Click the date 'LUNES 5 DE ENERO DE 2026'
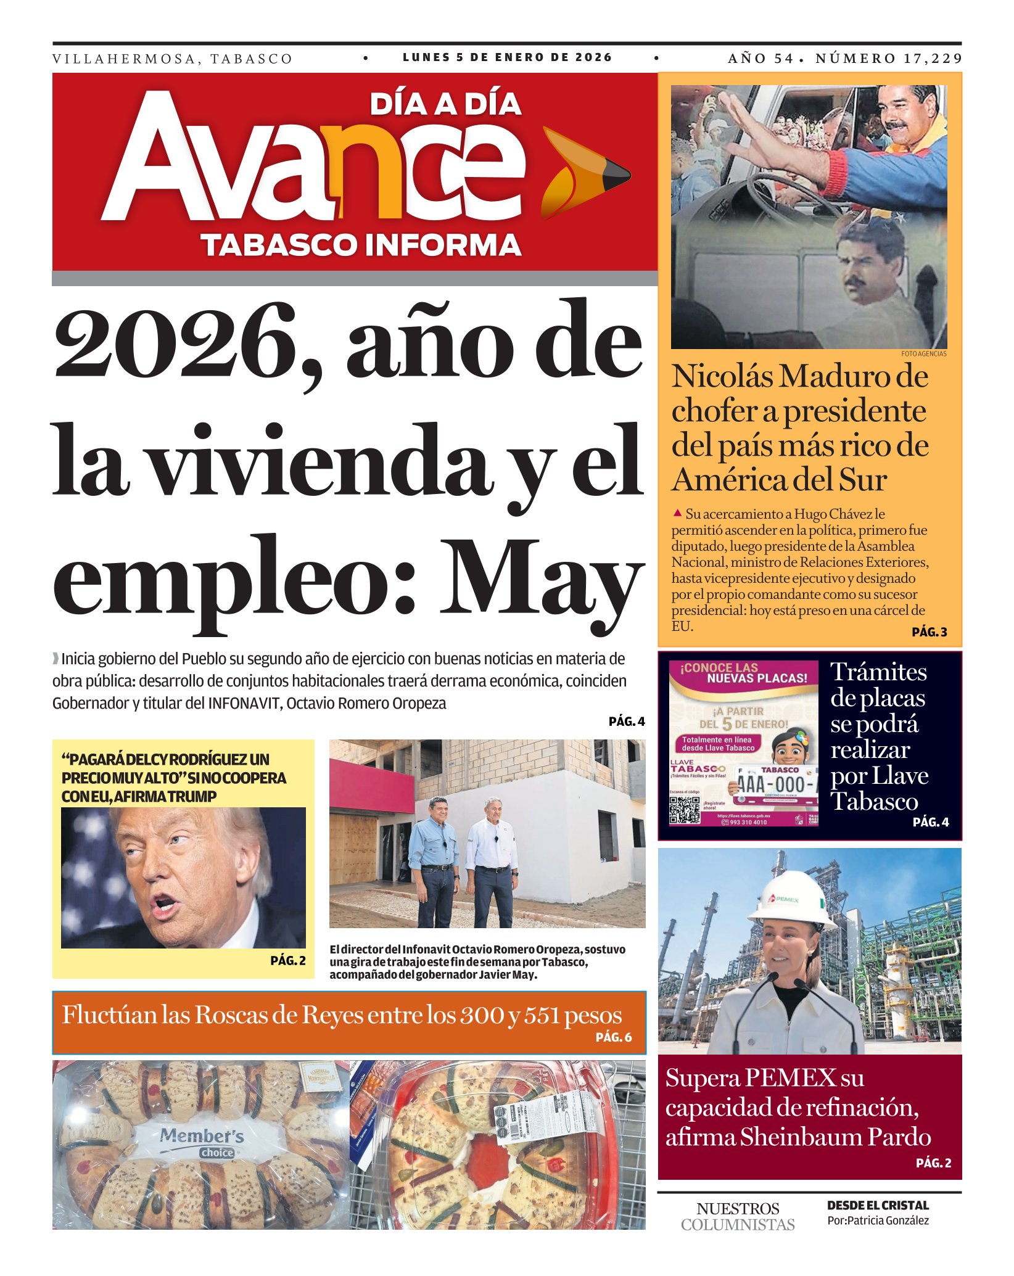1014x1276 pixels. [x=507, y=57]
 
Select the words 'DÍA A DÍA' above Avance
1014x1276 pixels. [x=445, y=104]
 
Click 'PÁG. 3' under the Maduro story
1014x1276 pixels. [x=929, y=632]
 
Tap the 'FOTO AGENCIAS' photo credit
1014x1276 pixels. [x=923, y=354]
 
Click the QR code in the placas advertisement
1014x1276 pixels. [x=685, y=810]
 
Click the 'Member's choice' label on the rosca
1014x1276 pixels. [x=202, y=1141]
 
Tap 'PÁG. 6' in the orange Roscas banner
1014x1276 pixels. [x=613, y=1037]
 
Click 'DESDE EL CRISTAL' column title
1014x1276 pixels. [x=877, y=1205]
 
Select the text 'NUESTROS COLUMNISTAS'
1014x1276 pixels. [x=738, y=1216]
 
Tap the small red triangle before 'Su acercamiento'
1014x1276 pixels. [x=677, y=512]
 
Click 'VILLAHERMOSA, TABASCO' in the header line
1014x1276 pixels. [x=172, y=59]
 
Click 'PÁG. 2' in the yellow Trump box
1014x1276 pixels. [x=287, y=960]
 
